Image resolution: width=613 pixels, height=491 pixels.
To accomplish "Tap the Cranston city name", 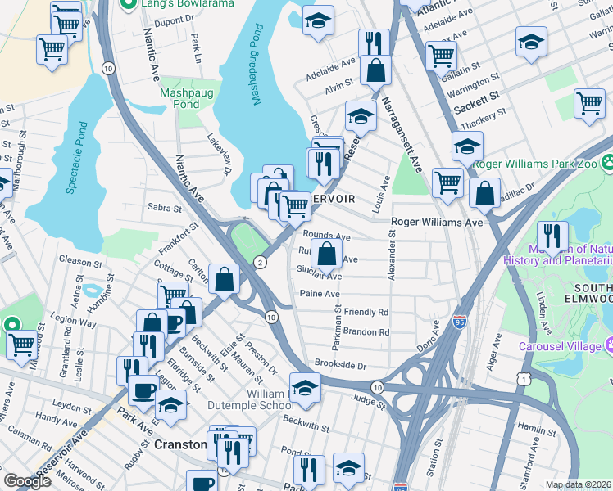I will click(179, 444).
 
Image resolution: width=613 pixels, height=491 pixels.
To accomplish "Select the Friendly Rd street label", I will click(366, 312).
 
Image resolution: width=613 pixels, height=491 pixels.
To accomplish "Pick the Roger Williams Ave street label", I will click(436, 222).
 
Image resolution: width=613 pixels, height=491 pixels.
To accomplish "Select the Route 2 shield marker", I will click(260, 262).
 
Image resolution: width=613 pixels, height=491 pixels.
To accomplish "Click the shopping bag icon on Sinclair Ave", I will click(326, 253).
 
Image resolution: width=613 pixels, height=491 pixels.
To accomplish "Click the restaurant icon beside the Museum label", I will click(552, 236).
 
